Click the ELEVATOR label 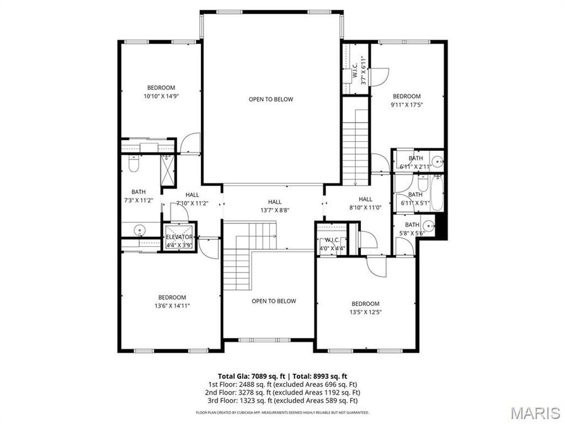[179, 237]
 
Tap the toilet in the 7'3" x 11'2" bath [132, 165]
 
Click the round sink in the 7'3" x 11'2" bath [139, 229]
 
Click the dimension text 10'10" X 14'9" [161, 96]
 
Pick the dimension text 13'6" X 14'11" [171, 305]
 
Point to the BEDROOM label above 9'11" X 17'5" [407, 96]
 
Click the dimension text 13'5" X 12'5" [365, 312]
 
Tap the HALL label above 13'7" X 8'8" [274, 202]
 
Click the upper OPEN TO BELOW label [271, 99]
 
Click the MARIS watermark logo [535, 413]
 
